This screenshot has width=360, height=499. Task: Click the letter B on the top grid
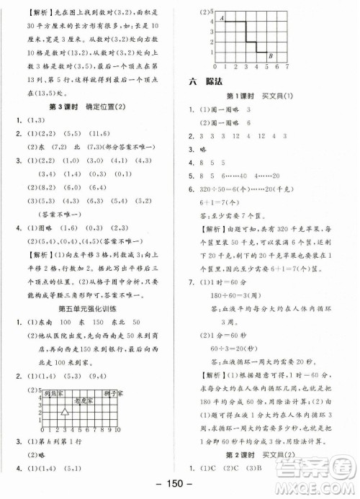pos(269,56)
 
